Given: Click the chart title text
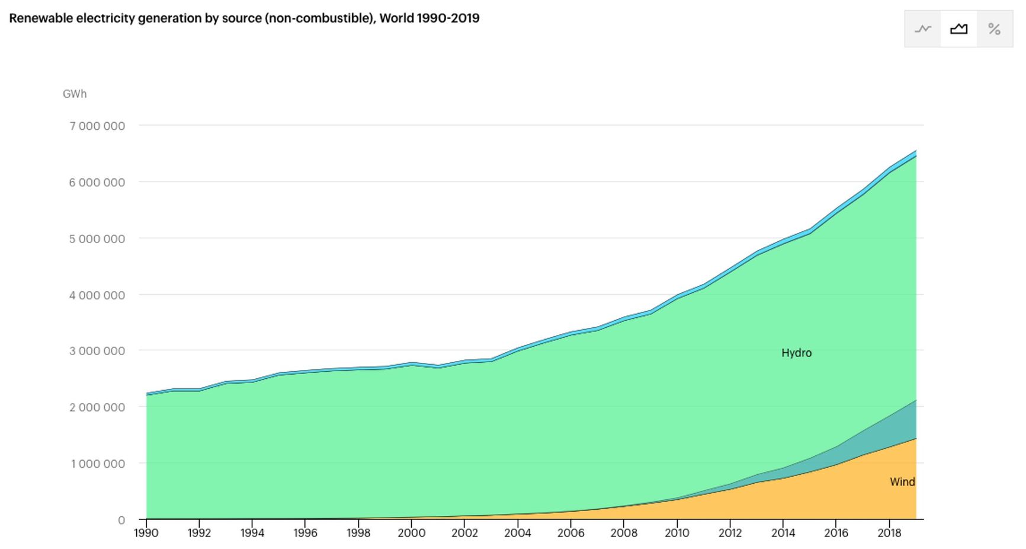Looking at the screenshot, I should tap(243, 18).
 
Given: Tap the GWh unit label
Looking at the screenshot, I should tap(75, 94).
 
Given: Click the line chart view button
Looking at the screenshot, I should tap(923, 28).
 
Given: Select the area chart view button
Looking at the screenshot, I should tap(958, 28).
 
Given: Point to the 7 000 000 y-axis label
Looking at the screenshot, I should tap(97, 126).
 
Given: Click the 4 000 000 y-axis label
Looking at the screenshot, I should tap(97, 295).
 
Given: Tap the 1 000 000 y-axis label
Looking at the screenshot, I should tap(98, 464).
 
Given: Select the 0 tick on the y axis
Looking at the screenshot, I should tap(121, 520).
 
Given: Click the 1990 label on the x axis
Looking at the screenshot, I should tap(146, 532).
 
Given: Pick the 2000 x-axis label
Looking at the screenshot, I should tap(411, 532).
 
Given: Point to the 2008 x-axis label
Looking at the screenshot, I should tap(624, 532).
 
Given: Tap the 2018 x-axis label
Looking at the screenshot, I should tap(889, 532).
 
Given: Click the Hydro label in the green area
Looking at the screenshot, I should tap(796, 353).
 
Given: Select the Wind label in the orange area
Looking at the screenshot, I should tap(902, 482).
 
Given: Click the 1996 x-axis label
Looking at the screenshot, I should tap(305, 532).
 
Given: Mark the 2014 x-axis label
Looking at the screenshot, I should tap(783, 532).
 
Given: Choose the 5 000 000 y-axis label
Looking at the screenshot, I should tap(97, 238).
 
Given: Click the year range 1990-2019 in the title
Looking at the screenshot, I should tap(448, 18).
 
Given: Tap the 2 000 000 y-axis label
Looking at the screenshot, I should tap(97, 407).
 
